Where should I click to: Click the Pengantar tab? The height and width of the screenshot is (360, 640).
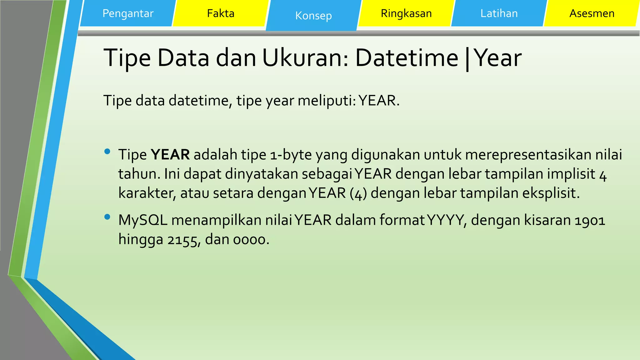click(128, 13)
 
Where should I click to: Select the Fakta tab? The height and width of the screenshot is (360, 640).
click(221, 13)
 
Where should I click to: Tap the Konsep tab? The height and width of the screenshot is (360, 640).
click(313, 16)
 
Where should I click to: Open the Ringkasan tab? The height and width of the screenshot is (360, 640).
click(406, 13)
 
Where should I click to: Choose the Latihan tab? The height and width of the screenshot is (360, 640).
click(499, 13)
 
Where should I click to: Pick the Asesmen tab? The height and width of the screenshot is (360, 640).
click(592, 13)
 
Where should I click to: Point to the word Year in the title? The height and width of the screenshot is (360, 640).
click(498, 58)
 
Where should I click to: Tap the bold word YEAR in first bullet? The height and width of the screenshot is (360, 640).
click(170, 155)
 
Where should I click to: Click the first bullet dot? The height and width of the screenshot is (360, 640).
click(107, 152)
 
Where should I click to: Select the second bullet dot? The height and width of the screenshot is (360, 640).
click(107, 217)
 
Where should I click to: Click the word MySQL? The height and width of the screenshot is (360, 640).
click(143, 220)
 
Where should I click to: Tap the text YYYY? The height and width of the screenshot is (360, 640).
click(446, 220)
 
